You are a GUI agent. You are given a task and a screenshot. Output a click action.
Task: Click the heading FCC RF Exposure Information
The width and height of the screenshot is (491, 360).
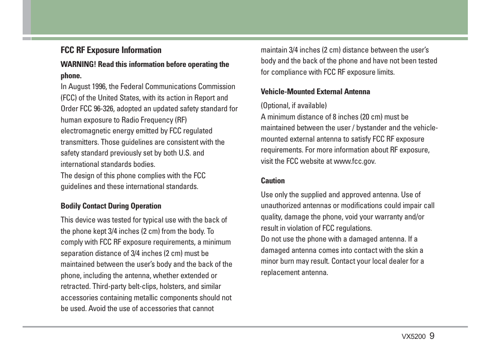111,50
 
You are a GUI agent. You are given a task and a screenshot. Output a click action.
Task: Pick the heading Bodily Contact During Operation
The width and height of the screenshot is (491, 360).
111,206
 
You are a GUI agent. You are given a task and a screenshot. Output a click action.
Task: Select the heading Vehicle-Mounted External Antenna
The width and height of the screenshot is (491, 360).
315,92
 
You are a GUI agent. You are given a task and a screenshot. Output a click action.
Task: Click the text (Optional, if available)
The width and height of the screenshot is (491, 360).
293,106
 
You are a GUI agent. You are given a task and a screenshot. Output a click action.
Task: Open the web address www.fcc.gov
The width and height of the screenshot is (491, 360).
354,161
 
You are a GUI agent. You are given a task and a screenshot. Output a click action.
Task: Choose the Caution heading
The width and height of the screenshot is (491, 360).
272,181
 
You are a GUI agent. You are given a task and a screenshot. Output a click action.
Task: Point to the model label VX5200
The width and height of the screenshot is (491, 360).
413,337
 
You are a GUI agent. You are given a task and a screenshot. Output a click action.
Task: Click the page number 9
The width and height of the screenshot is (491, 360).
432,336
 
